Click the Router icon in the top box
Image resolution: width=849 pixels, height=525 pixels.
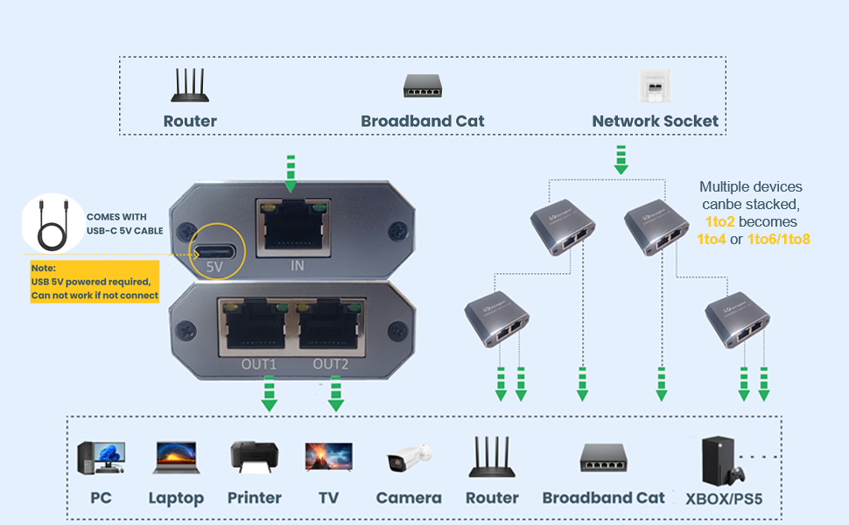(190, 86)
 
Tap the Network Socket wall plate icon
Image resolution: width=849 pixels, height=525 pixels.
(655, 87)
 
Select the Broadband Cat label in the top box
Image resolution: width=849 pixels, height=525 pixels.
(423, 122)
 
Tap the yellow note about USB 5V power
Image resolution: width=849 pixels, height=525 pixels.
(95, 282)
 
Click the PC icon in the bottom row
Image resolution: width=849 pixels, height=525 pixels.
(101, 458)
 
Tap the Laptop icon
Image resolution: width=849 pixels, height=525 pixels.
(176, 458)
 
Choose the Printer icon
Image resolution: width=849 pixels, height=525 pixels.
(254, 458)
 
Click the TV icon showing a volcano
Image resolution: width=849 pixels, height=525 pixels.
(328, 458)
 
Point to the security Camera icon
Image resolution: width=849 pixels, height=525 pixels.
(409, 458)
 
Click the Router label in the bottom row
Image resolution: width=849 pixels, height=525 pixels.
(492, 498)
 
